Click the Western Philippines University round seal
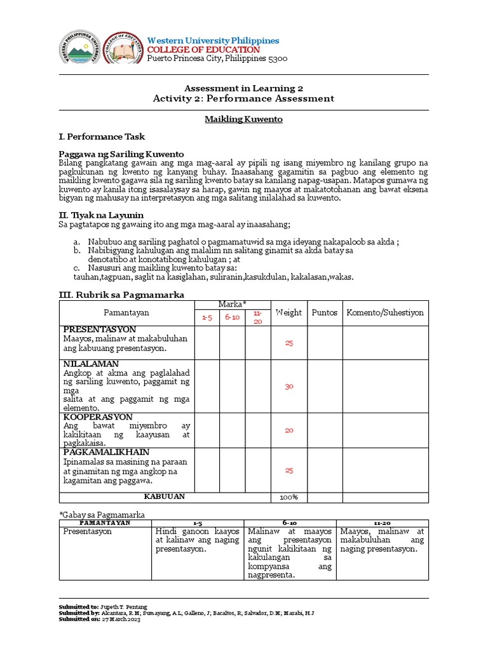pyautogui.click(x=79, y=49)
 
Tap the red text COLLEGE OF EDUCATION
pyautogui.click(x=203, y=50)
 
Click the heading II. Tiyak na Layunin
pyautogui.click(x=100, y=215)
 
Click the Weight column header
pyautogui.click(x=288, y=313)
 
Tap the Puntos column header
pyautogui.click(x=324, y=313)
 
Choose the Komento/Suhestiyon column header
pyautogui.click(x=385, y=313)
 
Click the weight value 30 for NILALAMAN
pyautogui.click(x=289, y=386)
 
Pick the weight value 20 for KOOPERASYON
pyautogui.click(x=289, y=430)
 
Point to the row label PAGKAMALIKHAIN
pyautogui.click(x=106, y=452)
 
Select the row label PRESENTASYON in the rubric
pyautogui.click(x=99, y=329)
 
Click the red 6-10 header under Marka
pyautogui.click(x=231, y=317)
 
